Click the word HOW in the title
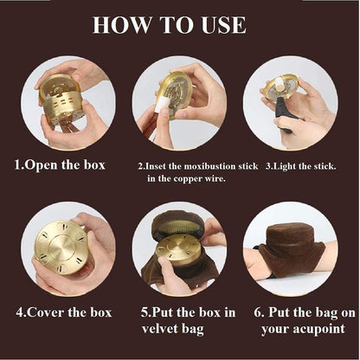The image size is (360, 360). (122, 25)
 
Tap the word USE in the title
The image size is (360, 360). (224, 25)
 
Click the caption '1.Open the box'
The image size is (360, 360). (60, 165)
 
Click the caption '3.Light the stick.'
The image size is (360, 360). (301, 166)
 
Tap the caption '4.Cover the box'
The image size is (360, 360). (64, 312)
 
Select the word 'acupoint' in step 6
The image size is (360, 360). (319, 329)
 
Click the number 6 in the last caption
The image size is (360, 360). (257, 312)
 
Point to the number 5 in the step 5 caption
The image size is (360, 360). (145, 313)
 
